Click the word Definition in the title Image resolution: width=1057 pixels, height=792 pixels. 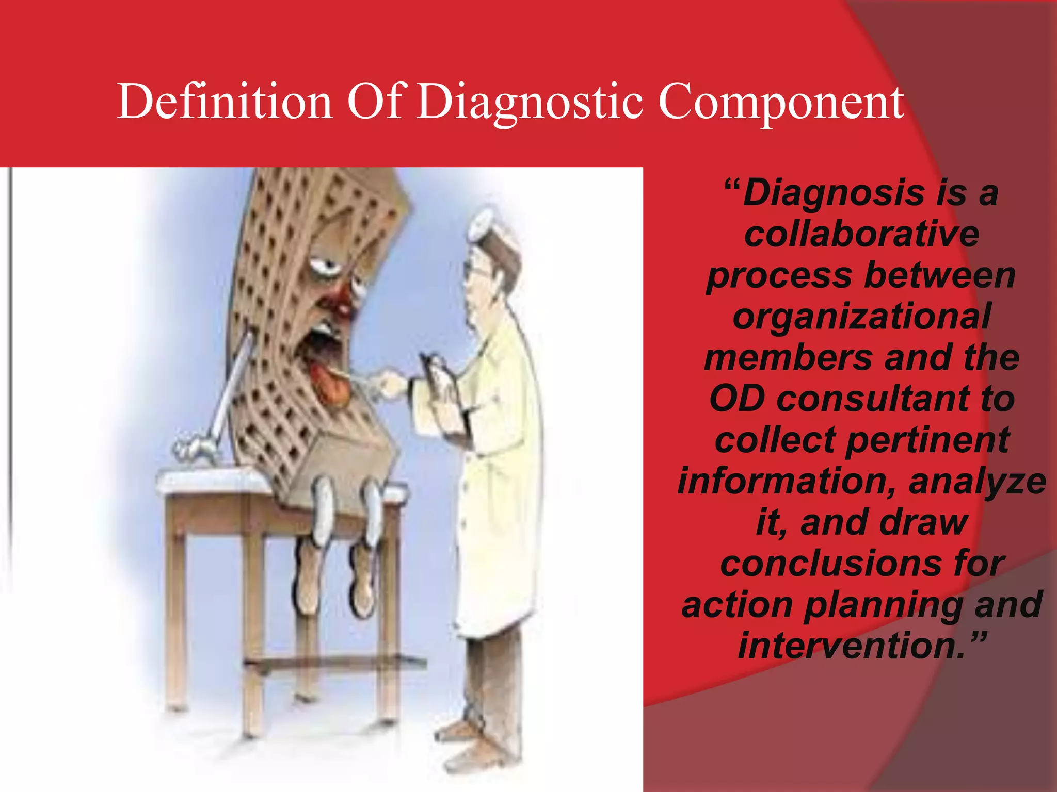coord(225,102)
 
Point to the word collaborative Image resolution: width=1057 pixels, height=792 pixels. coord(861,234)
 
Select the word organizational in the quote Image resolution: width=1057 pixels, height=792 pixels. coord(861,317)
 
